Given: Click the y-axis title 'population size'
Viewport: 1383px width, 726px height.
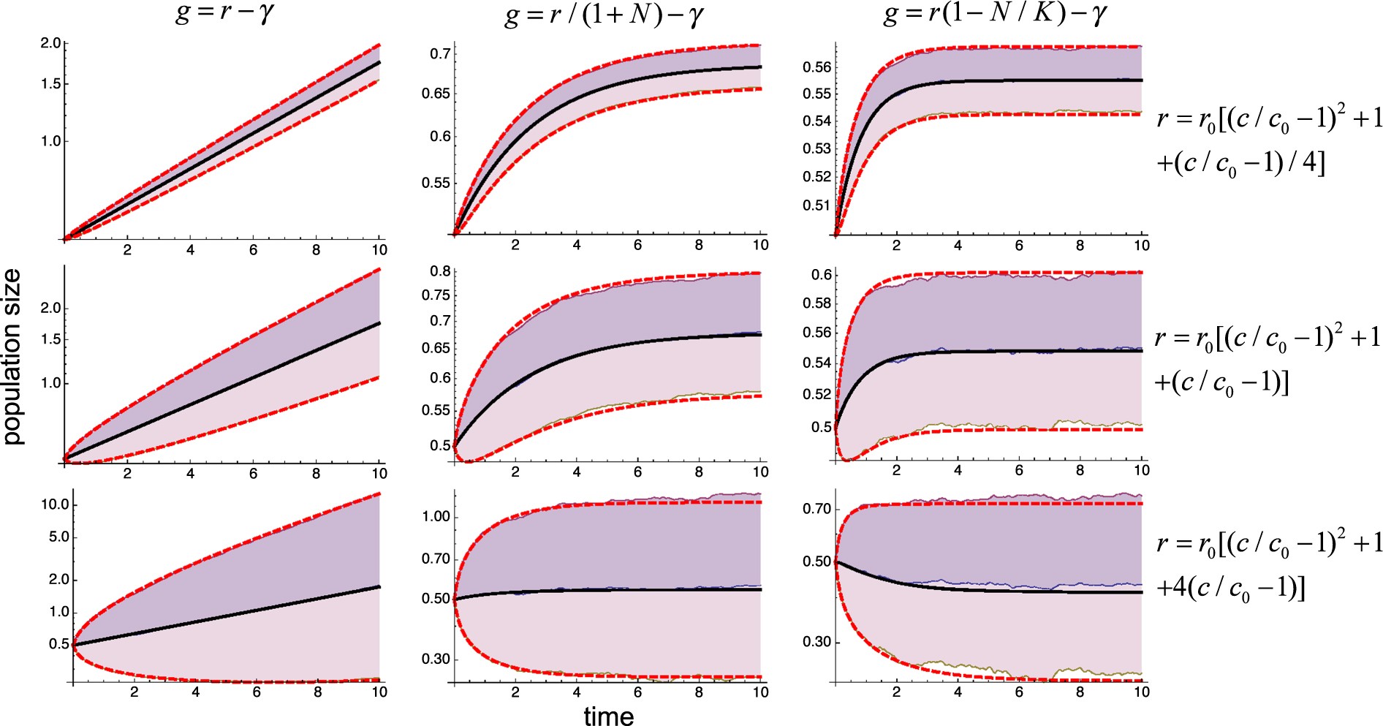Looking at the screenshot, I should (x=13, y=357).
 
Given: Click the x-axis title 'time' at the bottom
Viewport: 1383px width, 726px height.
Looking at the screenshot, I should (x=608, y=716).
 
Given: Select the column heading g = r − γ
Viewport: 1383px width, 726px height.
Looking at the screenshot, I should (x=225, y=14).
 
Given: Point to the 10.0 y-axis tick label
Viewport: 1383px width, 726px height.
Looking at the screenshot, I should (x=54, y=504).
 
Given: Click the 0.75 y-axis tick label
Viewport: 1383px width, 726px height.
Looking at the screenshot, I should (x=436, y=295).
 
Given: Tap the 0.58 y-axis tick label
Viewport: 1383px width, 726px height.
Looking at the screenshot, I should (x=817, y=303).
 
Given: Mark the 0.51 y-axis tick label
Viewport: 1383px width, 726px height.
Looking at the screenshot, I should (x=817, y=205).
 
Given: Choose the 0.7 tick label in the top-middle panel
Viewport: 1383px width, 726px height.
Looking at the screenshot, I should (x=440, y=53).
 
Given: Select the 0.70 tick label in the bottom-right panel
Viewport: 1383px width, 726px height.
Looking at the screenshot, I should (x=817, y=509).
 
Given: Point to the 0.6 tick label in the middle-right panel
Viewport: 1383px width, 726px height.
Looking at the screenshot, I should (x=822, y=275).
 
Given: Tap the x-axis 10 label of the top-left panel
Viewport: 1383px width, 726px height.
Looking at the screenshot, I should (x=379, y=250).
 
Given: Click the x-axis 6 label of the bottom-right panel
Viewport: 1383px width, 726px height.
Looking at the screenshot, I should (x=1019, y=692).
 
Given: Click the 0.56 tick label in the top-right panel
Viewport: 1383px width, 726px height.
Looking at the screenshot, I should (x=817, y=67).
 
